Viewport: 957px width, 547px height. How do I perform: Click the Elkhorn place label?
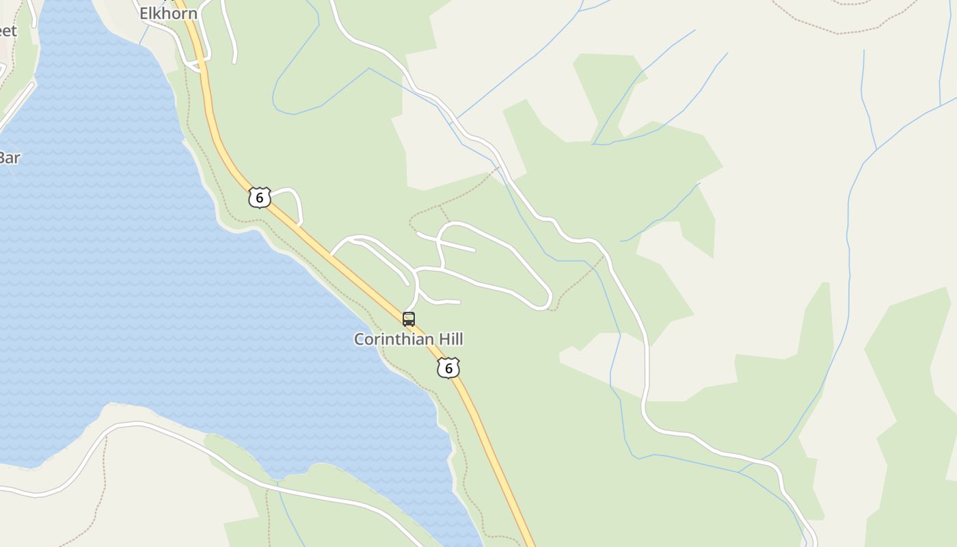click(x=168, y=13)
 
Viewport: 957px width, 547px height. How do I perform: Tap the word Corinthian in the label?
click(x=392, y=339)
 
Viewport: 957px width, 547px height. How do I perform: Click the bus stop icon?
click(x=409, y=319)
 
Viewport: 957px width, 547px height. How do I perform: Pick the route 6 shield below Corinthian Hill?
click(x=448, y=368)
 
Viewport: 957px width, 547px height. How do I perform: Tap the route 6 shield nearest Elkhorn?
click(x=260, y=198)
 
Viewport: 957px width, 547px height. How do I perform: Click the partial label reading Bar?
click(x=9, y=158)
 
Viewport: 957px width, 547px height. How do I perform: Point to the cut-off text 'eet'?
click(x=8, y=31)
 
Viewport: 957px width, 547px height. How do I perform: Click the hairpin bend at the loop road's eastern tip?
click(x=549, y=301)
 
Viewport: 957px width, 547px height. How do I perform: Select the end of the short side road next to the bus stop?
click(x=459, y=302)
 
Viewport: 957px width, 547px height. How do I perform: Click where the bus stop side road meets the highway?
click(x=405, y=311)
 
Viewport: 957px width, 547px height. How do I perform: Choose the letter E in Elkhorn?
click(x=144, y=13)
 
